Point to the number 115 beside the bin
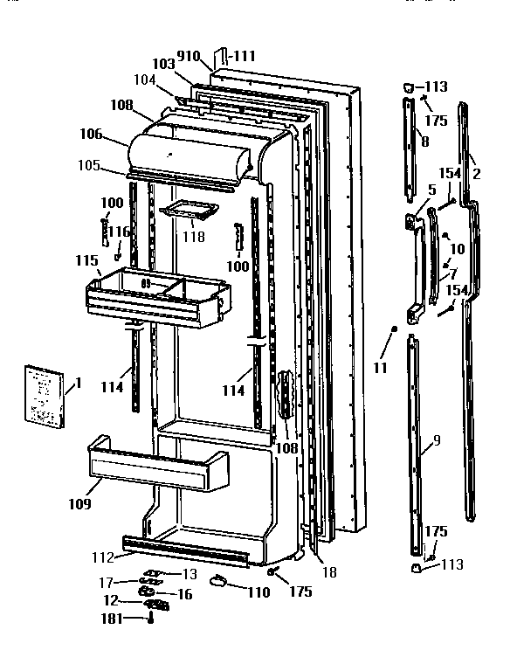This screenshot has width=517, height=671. point(87,261)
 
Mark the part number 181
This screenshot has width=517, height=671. point(111,619)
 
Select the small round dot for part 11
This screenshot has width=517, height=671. point(395,329)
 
